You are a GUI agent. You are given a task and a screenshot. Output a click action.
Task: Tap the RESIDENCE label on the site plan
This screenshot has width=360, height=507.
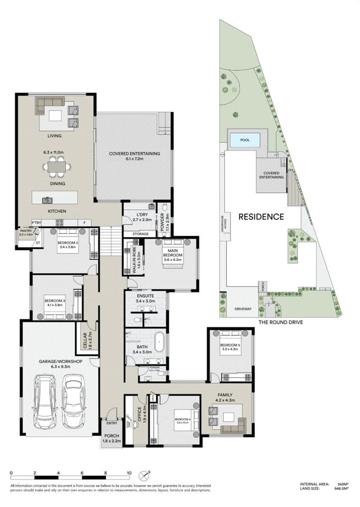pyautogui.click(x=261, y=217)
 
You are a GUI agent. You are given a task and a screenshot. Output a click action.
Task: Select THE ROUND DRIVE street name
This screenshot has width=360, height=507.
pyautogui.click(x=280, y=322)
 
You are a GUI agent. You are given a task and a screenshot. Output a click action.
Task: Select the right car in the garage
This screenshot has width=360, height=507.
pyautogui.click(x=73, y=401)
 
